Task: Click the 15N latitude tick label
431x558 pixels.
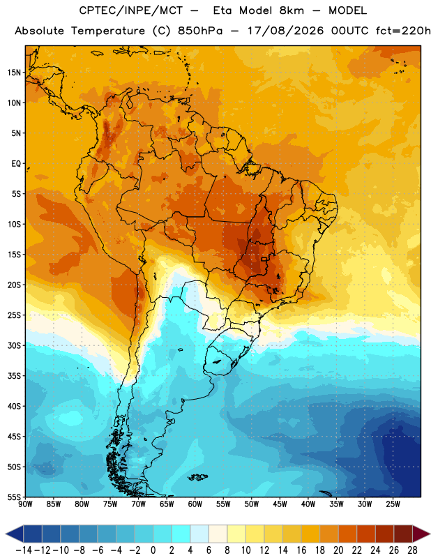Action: point(14,73)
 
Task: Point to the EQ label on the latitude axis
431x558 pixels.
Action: point(16,164)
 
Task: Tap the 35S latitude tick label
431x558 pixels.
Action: point(14,376)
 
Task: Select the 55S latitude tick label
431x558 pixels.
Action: point(14,497)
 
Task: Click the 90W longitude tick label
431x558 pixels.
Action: point(25,504)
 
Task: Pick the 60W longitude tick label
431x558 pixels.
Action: point(195,504)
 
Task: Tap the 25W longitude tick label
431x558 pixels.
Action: point(393,504)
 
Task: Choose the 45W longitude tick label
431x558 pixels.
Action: point(280,504)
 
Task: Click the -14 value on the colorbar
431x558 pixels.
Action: point(24,550)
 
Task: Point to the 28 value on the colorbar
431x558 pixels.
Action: point(412,550)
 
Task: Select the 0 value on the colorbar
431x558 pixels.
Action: point(153,550)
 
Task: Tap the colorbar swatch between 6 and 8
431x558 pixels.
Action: point(218,534)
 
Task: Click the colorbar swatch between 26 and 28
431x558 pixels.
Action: point(403,534)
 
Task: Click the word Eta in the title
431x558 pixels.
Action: point(222,10)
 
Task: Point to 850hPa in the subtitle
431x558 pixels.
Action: point(200,31)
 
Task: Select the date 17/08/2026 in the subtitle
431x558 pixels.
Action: point(285,31)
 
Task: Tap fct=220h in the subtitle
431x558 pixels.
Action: point(403,31)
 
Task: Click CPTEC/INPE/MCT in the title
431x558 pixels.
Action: point(130,10)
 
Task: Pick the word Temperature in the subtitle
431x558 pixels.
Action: point(108,31)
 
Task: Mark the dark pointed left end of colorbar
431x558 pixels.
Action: point(6,534)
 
